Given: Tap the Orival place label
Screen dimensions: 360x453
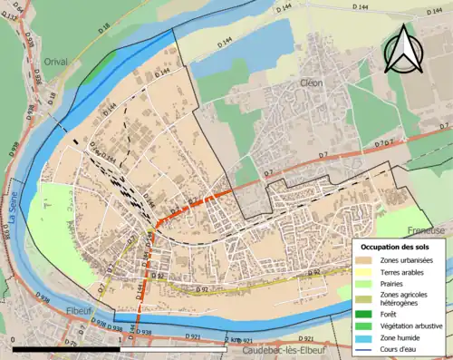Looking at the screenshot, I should pos(55,61).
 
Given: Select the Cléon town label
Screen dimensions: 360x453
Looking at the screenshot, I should pos(312,83).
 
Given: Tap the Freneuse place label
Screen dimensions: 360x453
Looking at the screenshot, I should pos(426,230).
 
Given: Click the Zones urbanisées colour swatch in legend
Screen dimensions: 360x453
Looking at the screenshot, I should pos(367,261).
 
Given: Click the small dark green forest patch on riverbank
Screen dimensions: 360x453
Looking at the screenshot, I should pos(106,61).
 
